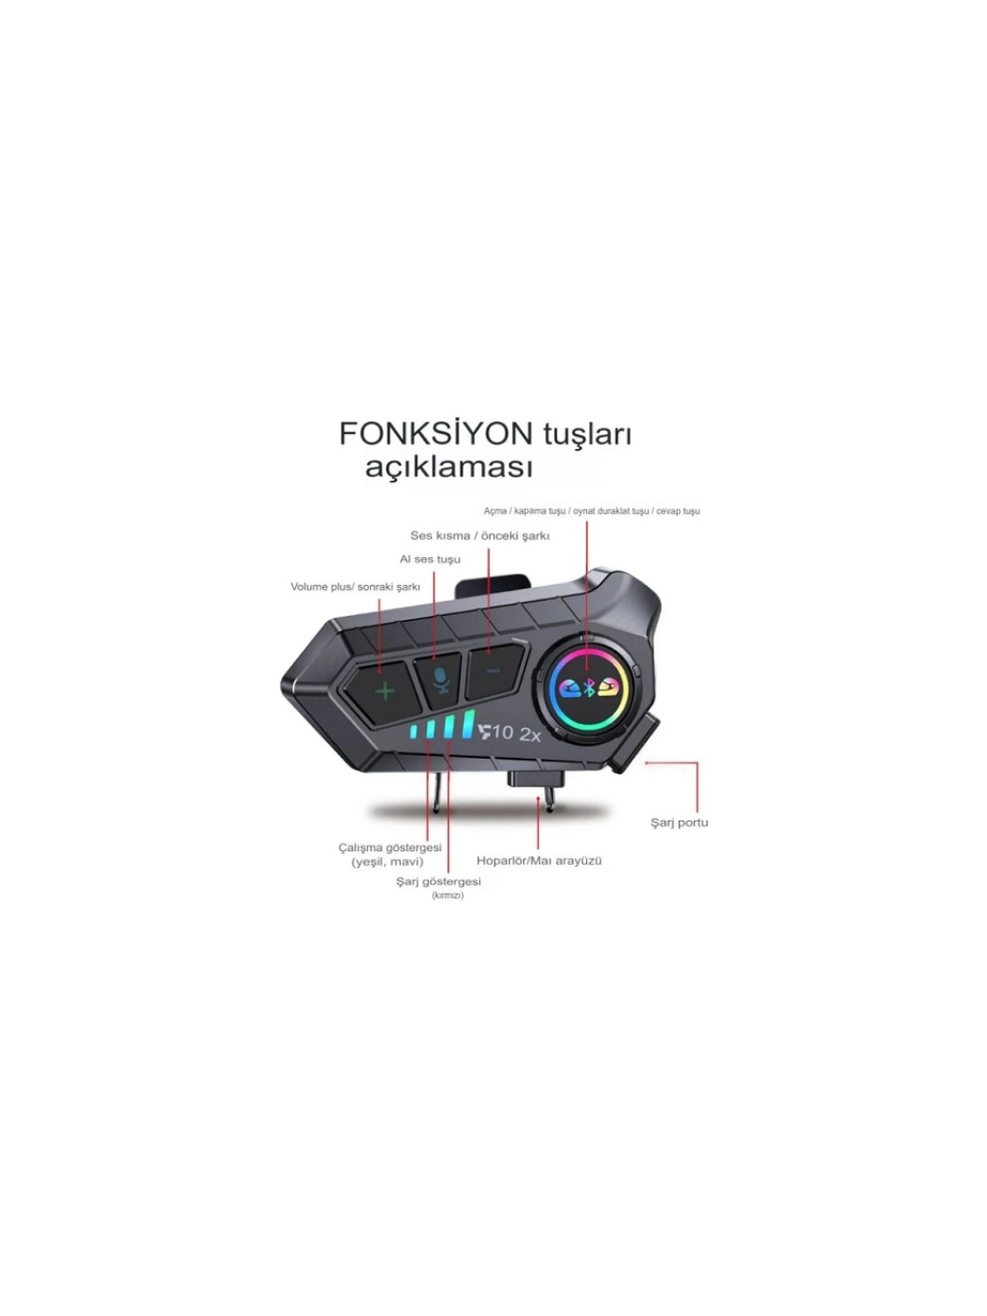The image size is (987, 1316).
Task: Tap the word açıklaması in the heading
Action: tap(449, 468)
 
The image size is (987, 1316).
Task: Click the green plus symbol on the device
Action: tap(386, 691)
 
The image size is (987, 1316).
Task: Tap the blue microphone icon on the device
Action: tap(442, 681)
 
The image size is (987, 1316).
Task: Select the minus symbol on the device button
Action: tap(493, 671)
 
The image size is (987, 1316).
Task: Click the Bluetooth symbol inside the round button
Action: tap(589, 689)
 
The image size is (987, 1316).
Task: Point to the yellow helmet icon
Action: tap(607, 689)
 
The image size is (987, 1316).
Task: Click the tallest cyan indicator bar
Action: tap(468, 723)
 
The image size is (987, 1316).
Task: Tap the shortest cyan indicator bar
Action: tap(414, 732)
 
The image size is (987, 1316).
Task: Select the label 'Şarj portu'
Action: tap(680, 823)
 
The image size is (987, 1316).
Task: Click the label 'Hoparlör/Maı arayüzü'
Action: tap(540, 861)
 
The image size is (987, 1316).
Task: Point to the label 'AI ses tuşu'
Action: tap(430, 559)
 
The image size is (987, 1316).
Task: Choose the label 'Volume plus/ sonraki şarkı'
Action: tap(356, 587)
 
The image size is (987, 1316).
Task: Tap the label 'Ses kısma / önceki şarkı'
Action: tap(480, 536)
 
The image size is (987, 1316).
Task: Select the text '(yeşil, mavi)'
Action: tap(387, 862)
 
